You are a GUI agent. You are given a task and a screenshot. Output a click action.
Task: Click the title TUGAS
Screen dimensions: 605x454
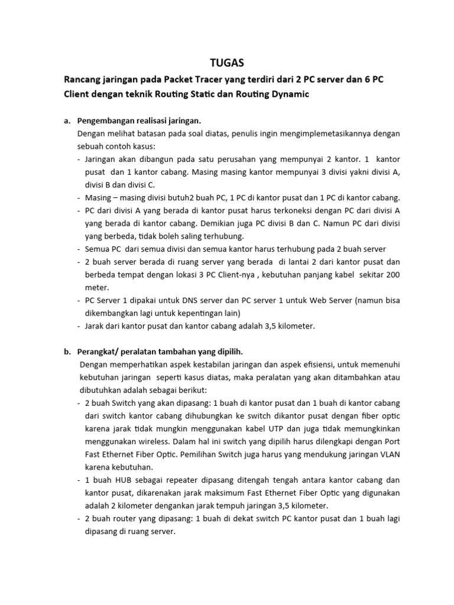(227, 62)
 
